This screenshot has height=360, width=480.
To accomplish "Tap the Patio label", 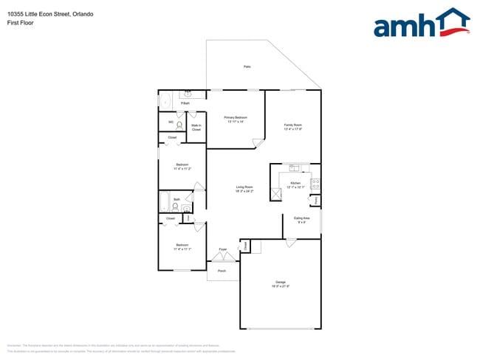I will pyautogui.click(x=247, y=67).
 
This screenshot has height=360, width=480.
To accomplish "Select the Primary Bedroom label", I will pyautogui.click(x=236, y=119).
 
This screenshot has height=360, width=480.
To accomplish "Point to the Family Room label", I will pyautogui.click(x=293, y=127).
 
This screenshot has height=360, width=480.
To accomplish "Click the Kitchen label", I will pyautogui.click(x=295, y=184).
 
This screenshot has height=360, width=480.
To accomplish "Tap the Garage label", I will pyautogui.click(x=281, y=284).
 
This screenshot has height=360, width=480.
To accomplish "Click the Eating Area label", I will pyautogui.click(x=301, y=219).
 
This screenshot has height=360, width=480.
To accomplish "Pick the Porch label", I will pyautogui.click(x=222, y=271).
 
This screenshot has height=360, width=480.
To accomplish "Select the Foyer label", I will pyautogui.click(x=222, y=250).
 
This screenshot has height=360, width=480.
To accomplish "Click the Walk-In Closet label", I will pyautogui.click(x=196, y=128).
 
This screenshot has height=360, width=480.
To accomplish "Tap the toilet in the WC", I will pyautogui.click(x=179, y=125).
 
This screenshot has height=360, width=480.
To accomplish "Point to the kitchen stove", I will pyautogui.click(x=315, y=184).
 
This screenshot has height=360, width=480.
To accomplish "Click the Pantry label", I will pyautogui.click(x=317, y=200).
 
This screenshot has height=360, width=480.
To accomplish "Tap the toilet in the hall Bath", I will pyautogui.click(x=175, y=207).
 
